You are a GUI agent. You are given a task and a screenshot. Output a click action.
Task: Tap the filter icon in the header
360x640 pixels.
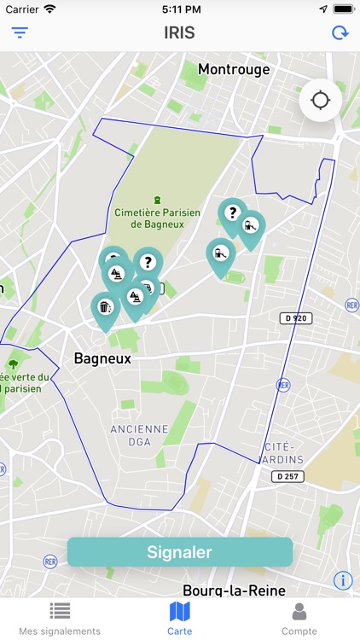click(20, 33)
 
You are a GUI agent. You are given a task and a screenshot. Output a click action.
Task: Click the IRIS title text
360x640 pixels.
click(179, 33)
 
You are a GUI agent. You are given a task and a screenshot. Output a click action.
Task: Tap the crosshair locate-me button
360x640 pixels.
click(321, 101)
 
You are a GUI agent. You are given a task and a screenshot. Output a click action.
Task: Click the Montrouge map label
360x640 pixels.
click(234, 69)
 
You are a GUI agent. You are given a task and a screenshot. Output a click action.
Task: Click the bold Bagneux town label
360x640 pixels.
click(102, 358)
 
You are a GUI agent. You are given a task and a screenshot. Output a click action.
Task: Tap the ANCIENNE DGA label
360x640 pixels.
click(139, 435)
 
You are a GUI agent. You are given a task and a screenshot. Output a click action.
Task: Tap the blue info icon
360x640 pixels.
click(343, 580)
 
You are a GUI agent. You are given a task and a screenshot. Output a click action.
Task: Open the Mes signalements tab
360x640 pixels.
click(60, 618)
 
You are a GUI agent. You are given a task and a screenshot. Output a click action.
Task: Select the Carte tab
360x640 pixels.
click(180, 618)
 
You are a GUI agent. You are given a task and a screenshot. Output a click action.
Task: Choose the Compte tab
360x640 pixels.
click(299, 618)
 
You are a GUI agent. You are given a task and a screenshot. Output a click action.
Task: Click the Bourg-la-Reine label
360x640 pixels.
click(234, 590)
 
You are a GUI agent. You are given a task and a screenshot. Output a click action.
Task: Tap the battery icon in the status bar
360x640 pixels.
click(343, 9)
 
